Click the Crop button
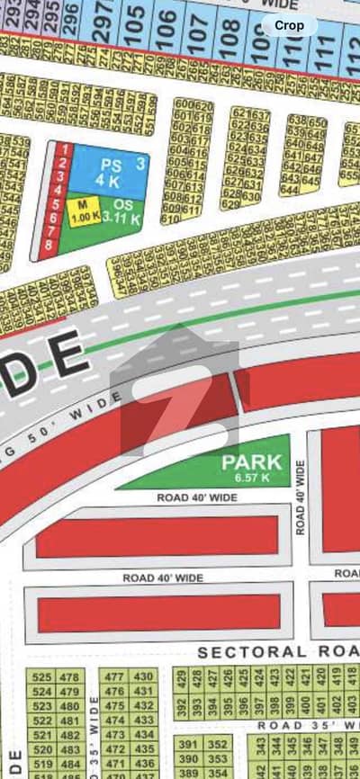pyautogui.click(x=288, y=26)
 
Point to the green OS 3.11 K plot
pyautogui.click(x=123, y=212)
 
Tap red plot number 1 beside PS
pyautogui.click(x=64, y=149)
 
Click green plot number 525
pyautogui.click(x=41, y=676)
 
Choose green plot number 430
pyautogui.click(x=143, y=676)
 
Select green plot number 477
pyautogui.click(x=113, y=676)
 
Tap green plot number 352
pyautogui.click(x=217, y=744)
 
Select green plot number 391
pyautogui.click(x=187, y=744)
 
